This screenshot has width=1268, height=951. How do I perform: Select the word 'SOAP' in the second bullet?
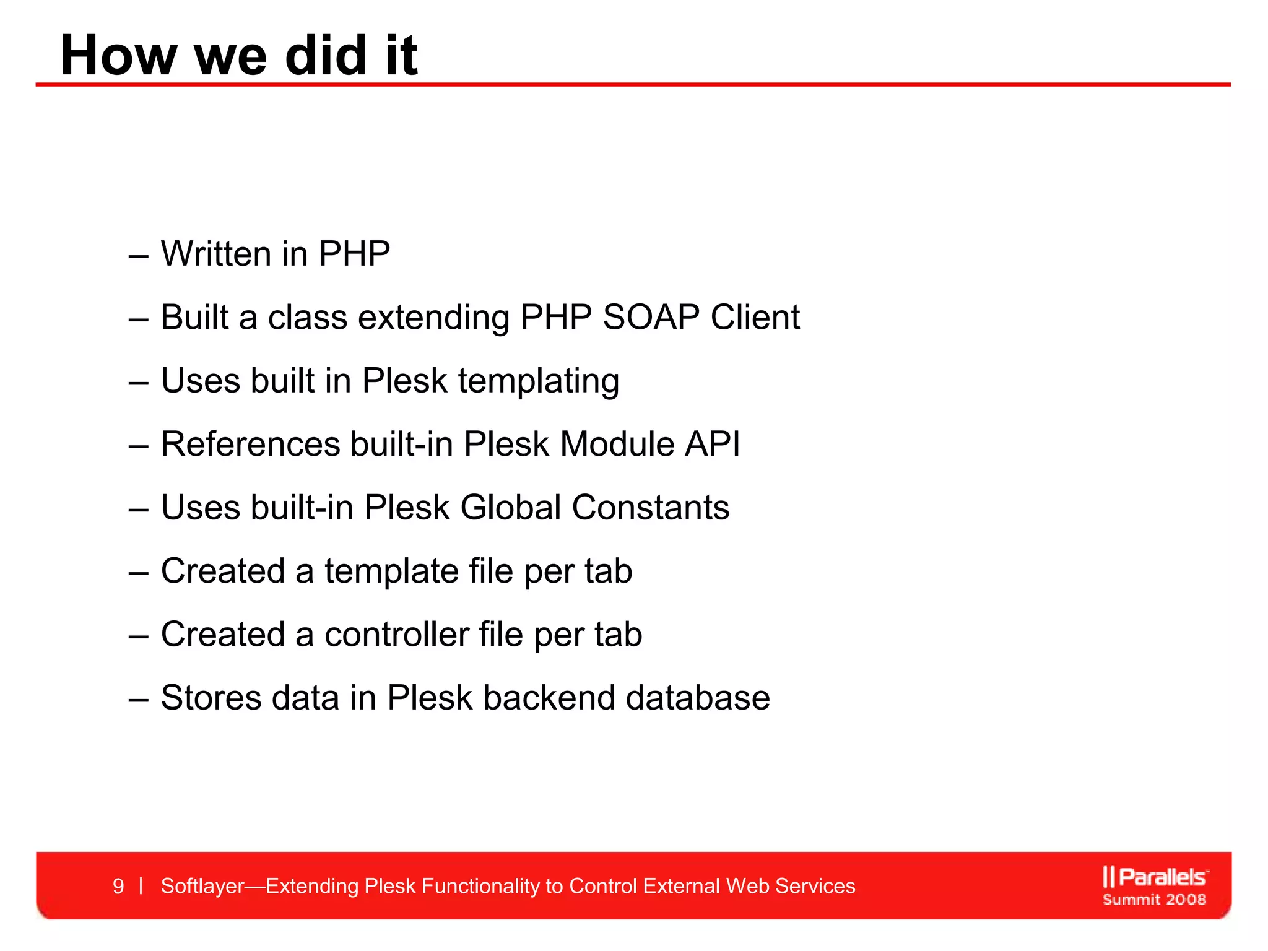[x=651, y=317]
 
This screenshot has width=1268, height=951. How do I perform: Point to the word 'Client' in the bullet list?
[x=755, y=317]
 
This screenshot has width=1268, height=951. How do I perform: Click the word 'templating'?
[x=538, y=382]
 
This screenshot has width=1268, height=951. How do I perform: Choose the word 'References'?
[x=251, y=444]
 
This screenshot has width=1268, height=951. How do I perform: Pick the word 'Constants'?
[x=650, y=508]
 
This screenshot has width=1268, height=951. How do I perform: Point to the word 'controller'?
[x=396, y=635]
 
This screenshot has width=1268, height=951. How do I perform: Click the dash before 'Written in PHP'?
[x=138, y=255]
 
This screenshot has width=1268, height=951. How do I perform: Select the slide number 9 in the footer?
[x=118, y=886]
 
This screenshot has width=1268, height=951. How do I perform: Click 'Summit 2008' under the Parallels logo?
[x=1154, y=900]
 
